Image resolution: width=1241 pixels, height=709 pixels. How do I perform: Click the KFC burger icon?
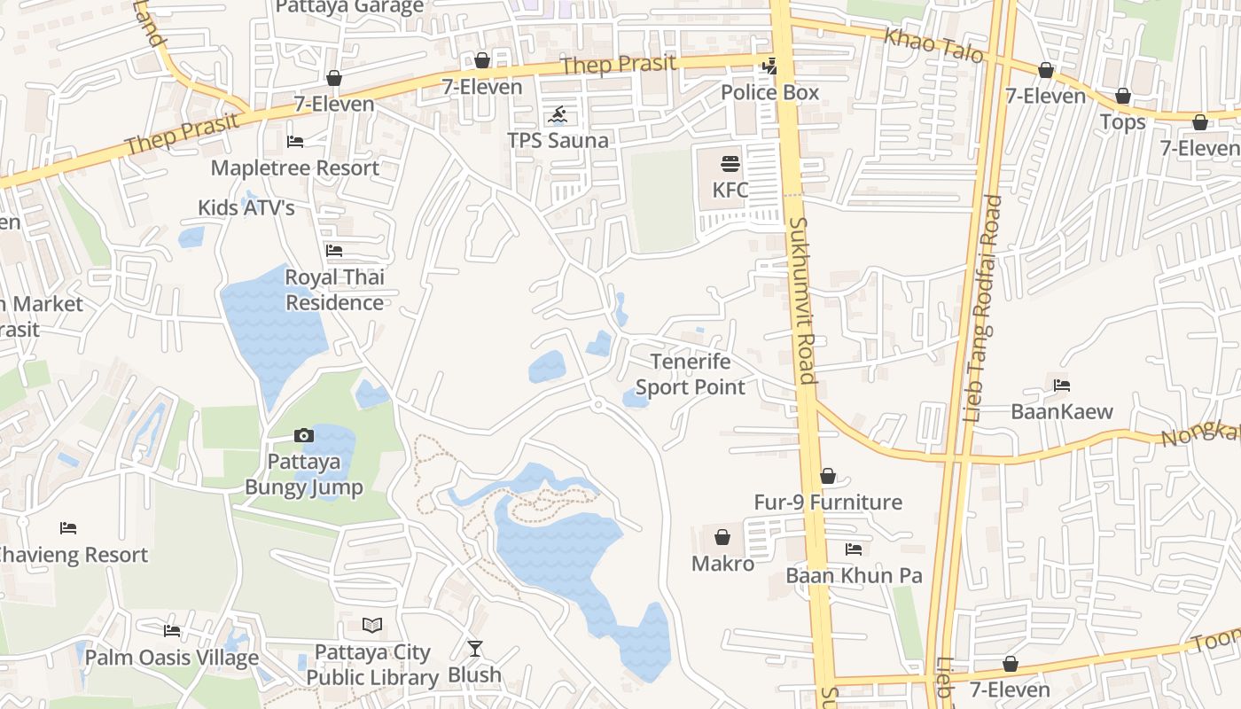[730, 164]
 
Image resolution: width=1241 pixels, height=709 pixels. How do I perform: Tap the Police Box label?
[769, 92]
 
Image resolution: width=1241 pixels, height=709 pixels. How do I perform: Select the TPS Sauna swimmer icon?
[558, 115]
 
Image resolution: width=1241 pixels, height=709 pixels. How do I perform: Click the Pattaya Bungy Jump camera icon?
[304, 435]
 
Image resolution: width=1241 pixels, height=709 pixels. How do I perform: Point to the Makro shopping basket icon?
[722, 537]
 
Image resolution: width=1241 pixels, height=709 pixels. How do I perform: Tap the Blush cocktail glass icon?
[475, 649]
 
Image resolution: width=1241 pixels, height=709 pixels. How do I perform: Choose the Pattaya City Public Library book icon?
[373, 626]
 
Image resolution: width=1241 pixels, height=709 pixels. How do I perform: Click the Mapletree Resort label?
[294, 168]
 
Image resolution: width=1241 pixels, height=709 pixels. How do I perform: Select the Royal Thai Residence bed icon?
[334, 251]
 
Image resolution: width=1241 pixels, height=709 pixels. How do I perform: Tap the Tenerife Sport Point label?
[691, 374]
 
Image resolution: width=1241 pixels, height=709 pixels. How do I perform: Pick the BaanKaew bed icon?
[1062, 386]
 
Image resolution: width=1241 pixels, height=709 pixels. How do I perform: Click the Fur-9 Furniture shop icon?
[828, 477]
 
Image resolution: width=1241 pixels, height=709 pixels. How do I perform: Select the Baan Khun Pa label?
[854, 575]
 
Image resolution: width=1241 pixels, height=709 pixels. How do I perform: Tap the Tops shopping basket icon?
[1123, 96]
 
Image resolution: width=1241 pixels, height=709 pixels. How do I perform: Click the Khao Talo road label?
[934, 45]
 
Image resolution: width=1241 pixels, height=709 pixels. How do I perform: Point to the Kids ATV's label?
[246, 207]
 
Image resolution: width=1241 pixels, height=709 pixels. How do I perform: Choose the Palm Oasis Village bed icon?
[172, 631]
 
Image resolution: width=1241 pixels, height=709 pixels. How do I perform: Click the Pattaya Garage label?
[349, 8]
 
